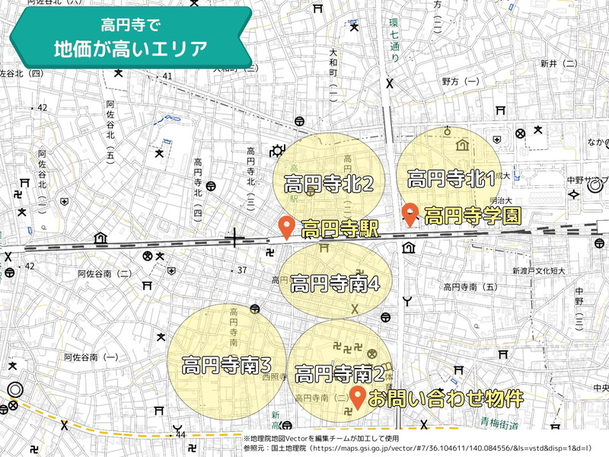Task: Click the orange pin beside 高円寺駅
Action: pyautogui.click(x=287, y=227)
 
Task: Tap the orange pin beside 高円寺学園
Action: pyautogui.click(x=410, y=214)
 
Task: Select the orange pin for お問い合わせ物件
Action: pyautogui.click(x=357, y=396)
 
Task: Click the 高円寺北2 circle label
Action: pyautogui.click(x=328, y=184)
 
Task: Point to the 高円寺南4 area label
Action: pyautogui.click(x=335, y=283)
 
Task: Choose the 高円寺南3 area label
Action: pyautogui.click(x=227, y=366)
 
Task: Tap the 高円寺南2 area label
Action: pyautogui.click(x=339, y=374)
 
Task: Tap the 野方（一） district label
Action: pyautogui.click(x=461, y=81)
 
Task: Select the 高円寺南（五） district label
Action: pyautogui.click(x=470, y=287)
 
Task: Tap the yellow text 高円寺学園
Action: pyautogui.click(x=472, y=216)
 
